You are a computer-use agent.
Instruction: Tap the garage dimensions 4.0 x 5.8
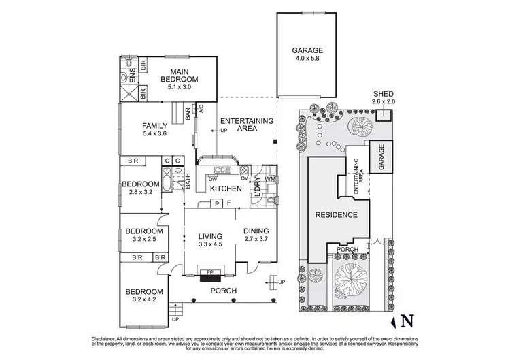pyautogui.click(x=307, y=59)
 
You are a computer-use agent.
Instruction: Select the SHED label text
pyautogui.click(x=383, y=94)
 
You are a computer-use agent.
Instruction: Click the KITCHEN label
pyautogui.click(x=224, y=188)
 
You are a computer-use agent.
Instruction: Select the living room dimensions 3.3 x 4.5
pyautogui.click(x=210, y=244)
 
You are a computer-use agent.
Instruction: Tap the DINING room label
pyautogui.click(x=256, y=231)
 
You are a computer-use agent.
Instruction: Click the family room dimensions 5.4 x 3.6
pyautogui.click(x=154, y=133)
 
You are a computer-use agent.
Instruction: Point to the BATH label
pyautogui.click(x=188, y=182)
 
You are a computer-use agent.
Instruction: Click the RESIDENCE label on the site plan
pyautogui.click(x=336, y=215)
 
